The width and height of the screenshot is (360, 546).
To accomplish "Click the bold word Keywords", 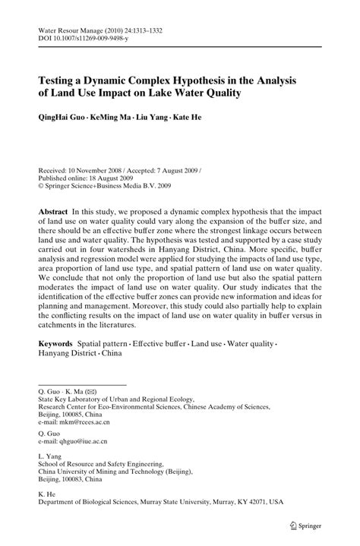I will pos(60,343).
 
